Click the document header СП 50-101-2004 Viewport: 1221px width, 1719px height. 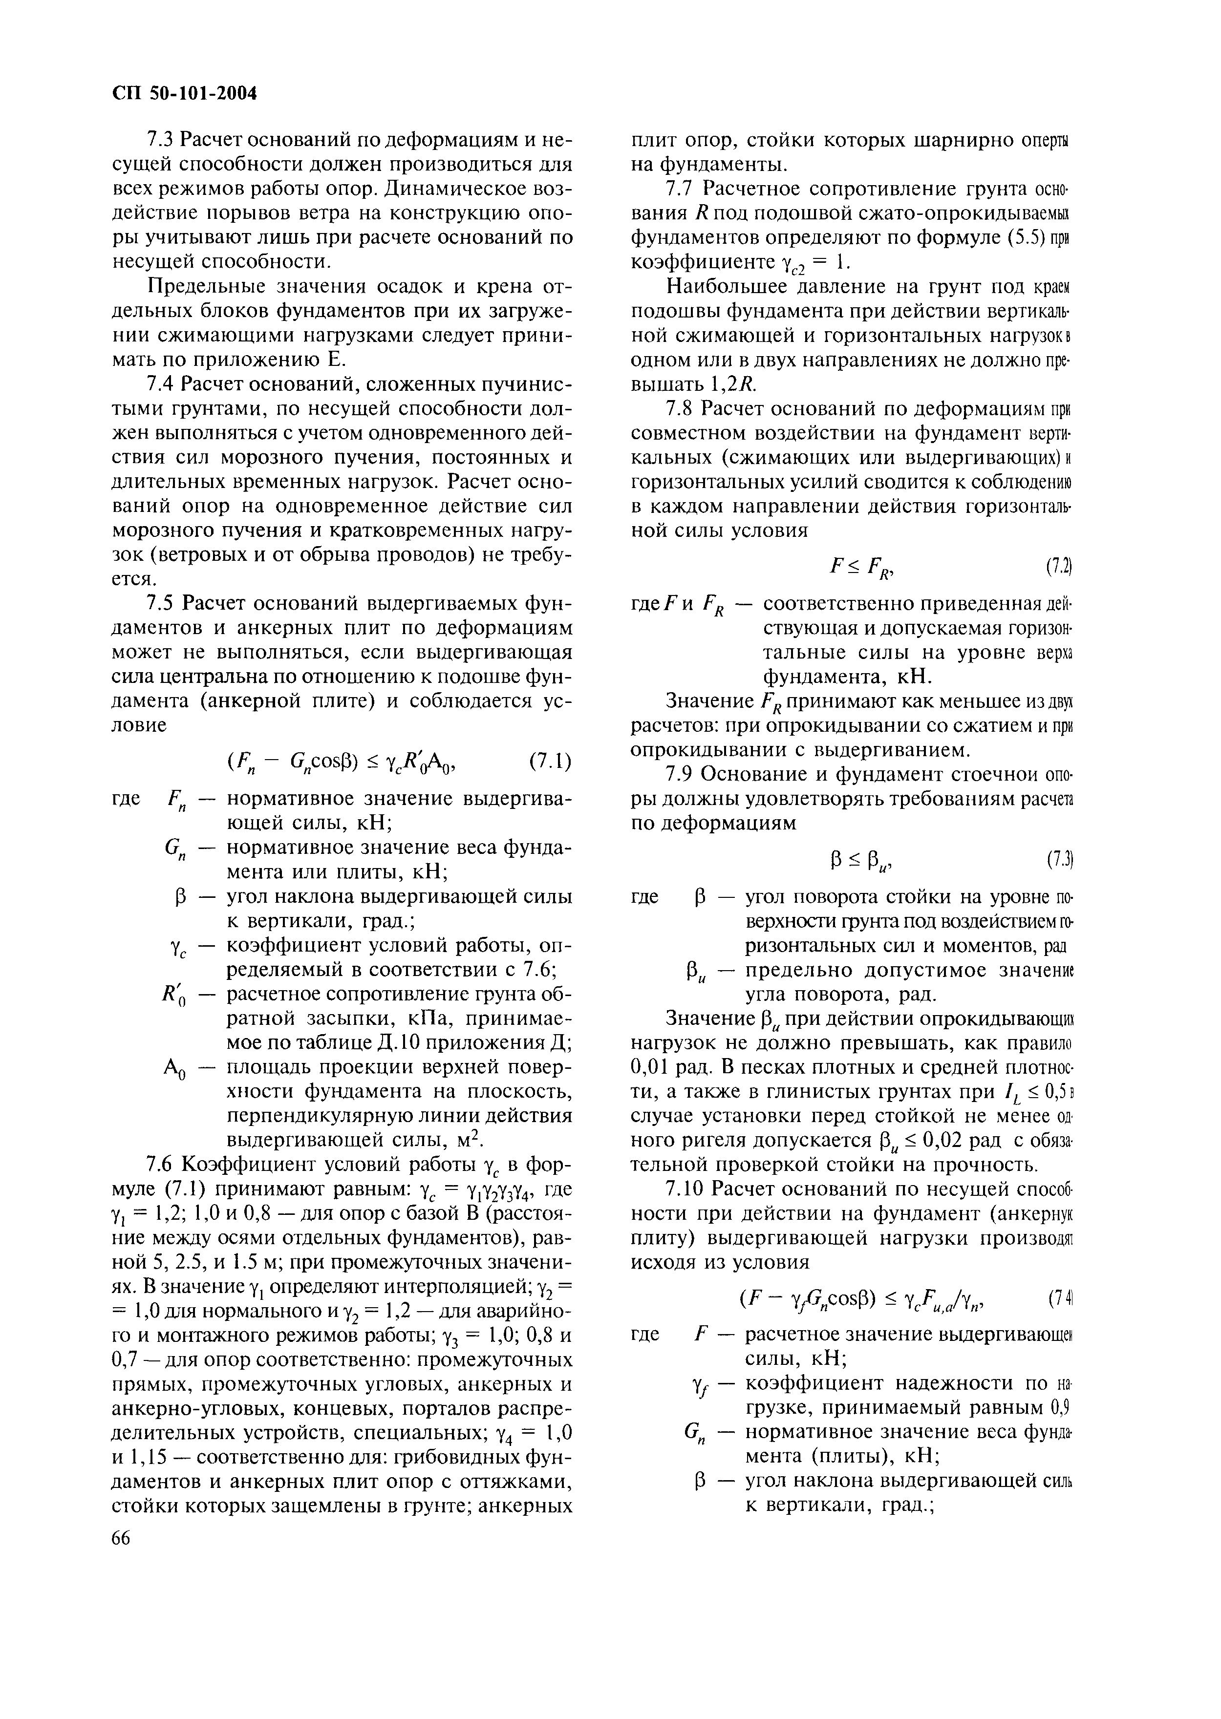tap(184, 93)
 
